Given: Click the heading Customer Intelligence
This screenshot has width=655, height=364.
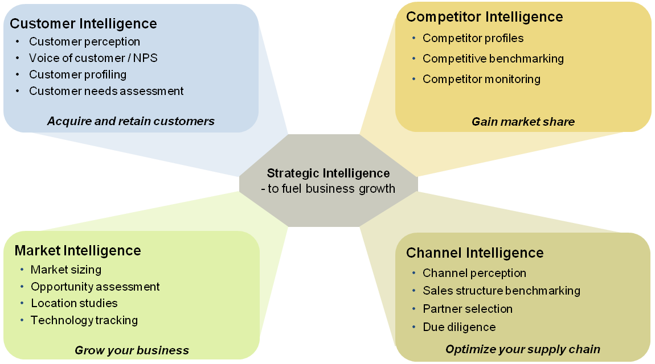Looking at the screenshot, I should coord(83,23).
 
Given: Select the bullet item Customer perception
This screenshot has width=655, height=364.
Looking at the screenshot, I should coord(84,42).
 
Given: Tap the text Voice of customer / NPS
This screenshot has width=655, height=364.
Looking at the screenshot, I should coord(93,58).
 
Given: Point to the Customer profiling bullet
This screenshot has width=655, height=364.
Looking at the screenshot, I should coord(77,75).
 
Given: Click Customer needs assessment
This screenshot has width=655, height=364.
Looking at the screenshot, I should coord(107,91).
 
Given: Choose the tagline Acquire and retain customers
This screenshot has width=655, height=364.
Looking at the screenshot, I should coord(130,121).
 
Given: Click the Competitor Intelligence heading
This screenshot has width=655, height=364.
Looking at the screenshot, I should coord(484,17).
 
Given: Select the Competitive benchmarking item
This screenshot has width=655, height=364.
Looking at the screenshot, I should coord(493,59).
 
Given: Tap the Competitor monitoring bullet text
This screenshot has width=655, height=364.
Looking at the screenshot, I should coord(481,79).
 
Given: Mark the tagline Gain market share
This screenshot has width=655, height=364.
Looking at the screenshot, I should coord(523,121).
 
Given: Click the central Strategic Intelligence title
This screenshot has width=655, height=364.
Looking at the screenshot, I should coord(328,173).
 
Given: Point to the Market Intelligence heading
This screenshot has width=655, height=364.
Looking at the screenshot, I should coord(77,250).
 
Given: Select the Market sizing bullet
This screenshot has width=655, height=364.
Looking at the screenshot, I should coord(66,270).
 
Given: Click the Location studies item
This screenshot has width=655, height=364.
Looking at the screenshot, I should coord(74,303).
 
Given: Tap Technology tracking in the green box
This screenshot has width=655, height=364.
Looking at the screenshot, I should coord(84,320).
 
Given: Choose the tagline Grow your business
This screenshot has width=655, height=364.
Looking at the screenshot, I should coord(132,350).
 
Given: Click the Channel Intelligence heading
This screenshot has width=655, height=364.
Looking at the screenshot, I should coord(474,253).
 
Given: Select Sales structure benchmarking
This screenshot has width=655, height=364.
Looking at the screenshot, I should coord(501,291).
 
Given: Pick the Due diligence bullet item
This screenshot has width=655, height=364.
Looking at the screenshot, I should coord(459,327).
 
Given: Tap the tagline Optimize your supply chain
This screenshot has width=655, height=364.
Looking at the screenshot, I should coord(522,349).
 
